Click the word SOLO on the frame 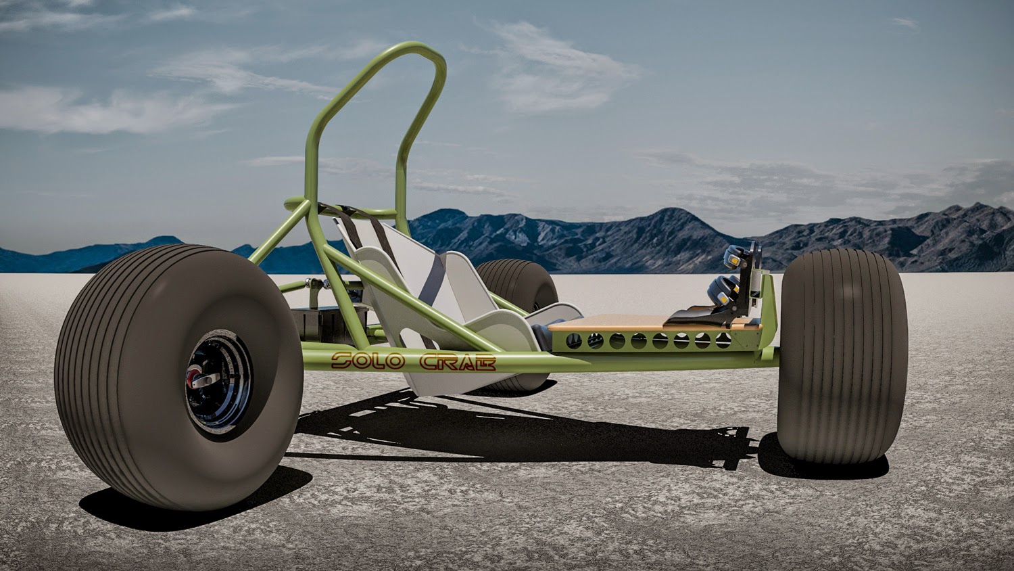[x=368, y=361]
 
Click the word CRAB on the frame [x=458, y=363]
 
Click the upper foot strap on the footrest [x=734, y=256]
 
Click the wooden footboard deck [x=652, y=323]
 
